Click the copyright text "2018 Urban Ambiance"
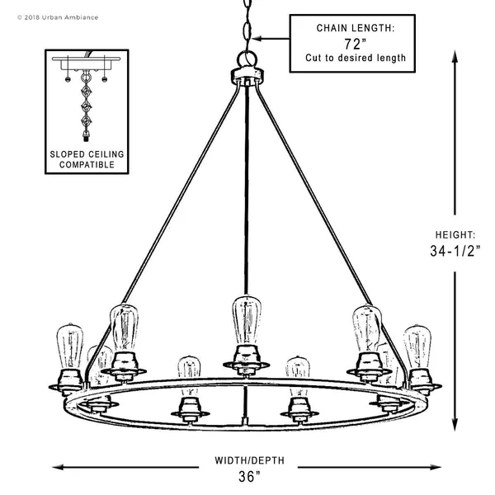click(x=61, y=17)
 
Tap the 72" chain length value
click(x=355, y=44)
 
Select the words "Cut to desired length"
click(x=356, y=58)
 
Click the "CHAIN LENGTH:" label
click(x=356, y=28)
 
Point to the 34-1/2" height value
click(x=455, y=251)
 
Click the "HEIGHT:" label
click(x=455, y=235)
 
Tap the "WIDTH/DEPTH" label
click(x=249, y=460)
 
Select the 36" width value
click(x=250, y=477)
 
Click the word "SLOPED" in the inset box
click(x=68, y=154)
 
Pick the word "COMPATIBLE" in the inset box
click(x=87, y=165)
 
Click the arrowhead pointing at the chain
click(x=257, y=39)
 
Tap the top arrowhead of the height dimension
click(x=455, y=56)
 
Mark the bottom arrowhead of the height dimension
click(x=455, y=425)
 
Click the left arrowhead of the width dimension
click(x=58, y=467)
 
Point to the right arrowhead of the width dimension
click(x=435, y=467)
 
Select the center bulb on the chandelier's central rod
click(x=247, y=320)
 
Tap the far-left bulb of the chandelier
click(x=70, y=346)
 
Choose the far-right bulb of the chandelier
click(x=417, y=347)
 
